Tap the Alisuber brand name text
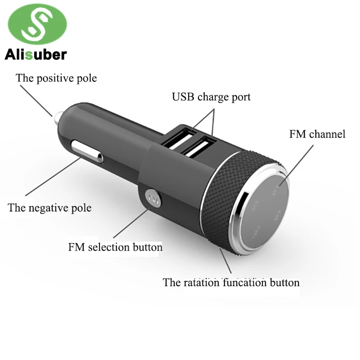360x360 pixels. click(36, 55)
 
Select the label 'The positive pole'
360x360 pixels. click(56, 78)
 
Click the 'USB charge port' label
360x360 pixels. click(211, 97)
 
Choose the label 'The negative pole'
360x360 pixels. click(49, 207)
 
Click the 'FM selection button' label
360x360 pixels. click(115, 247)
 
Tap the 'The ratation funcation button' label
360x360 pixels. click(231, 283)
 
